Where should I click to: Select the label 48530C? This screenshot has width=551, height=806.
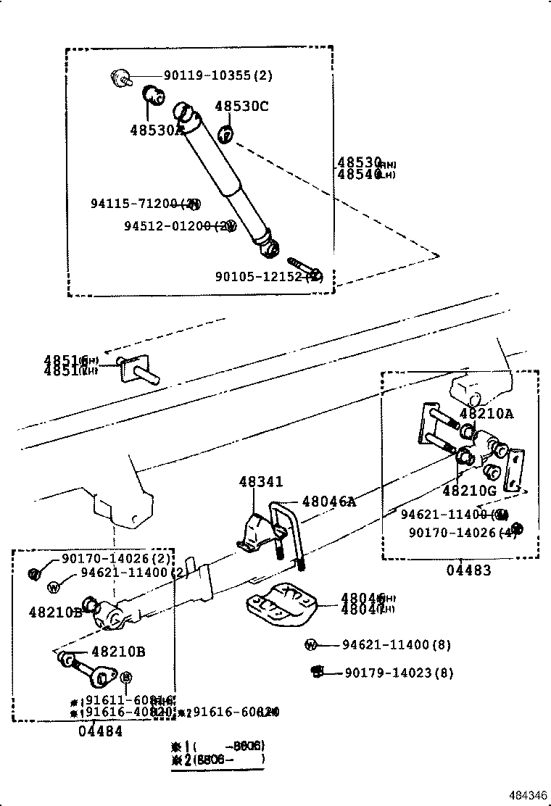(241, 107)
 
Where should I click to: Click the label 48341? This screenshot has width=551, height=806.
(261, 482)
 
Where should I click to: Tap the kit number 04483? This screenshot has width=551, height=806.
(468, 570)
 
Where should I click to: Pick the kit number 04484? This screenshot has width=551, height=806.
(100, 731)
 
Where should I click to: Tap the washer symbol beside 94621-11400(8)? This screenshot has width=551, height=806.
(311, 644)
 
